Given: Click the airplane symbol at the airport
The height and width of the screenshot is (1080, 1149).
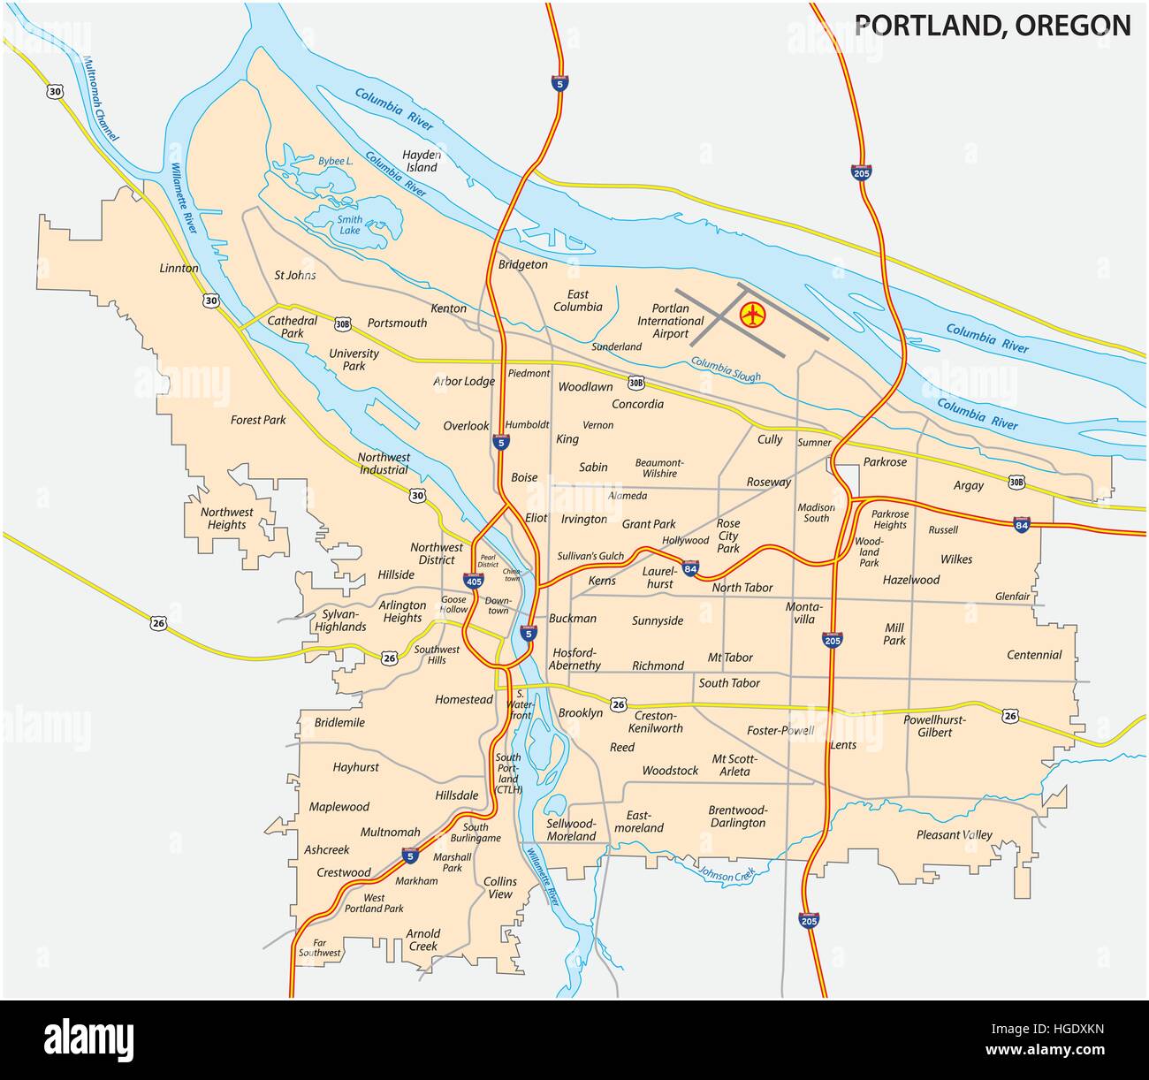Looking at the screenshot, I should [752, 313].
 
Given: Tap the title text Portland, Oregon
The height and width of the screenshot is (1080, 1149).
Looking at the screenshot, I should [993, 25].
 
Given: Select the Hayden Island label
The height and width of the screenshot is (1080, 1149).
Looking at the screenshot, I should [422, 160].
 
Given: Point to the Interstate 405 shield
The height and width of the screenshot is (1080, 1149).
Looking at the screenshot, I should [473, 581].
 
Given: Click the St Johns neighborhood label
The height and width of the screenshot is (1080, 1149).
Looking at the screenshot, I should [294, 275].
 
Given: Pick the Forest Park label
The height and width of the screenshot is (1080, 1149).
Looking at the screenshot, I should [258, 420].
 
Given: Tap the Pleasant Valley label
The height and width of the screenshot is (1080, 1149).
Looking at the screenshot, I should [954, 834].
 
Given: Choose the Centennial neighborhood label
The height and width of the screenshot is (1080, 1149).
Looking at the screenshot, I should [1034, 655].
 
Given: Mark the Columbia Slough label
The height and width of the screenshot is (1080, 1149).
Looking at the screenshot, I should [725, 369].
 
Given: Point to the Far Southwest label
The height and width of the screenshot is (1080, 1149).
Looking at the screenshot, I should [319, 947].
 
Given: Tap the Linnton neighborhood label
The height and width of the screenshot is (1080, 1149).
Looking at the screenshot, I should [179, 268].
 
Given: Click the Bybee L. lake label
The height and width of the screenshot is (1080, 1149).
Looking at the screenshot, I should [336, 162].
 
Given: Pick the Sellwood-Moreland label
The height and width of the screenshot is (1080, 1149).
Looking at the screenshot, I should [571, 829].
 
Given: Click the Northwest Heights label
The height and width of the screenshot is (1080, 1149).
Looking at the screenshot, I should [226, 518].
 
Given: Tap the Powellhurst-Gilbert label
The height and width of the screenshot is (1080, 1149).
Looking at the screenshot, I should [934, 726].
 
